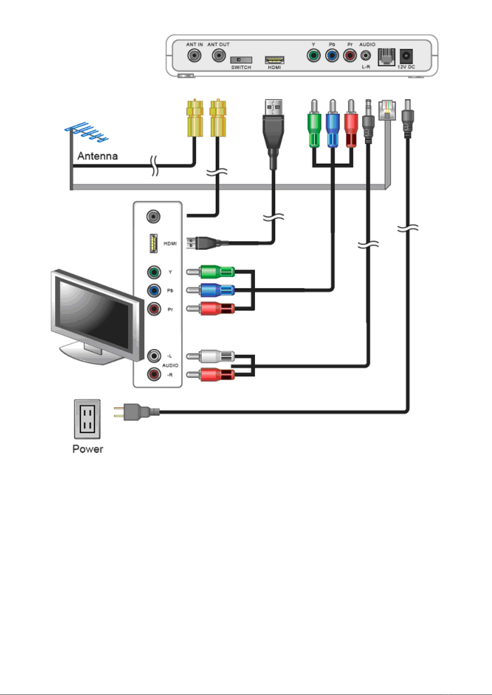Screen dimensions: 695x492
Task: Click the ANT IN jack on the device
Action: point(194,55)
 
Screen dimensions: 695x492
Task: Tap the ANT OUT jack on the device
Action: point(219,55)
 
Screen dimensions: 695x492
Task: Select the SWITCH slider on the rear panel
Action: point(241,60)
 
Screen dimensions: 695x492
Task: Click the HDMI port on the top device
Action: point(274,60)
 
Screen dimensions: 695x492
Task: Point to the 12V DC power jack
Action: point(406,56)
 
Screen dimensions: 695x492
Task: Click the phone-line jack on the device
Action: point(386,57)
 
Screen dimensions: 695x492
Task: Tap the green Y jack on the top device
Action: point(314,55)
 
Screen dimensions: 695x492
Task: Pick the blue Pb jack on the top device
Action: point(332,55)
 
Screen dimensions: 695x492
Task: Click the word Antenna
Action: point(97,156)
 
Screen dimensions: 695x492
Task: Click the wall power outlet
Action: point(87,419)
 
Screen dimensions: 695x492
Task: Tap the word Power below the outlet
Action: point(88,449)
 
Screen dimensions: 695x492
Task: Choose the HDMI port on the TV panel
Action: point(153,243)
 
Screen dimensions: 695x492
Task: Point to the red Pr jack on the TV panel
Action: point(154,309)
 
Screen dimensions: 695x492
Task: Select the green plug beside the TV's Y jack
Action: point(217,272)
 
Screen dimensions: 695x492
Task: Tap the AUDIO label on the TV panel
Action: point(170,365)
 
